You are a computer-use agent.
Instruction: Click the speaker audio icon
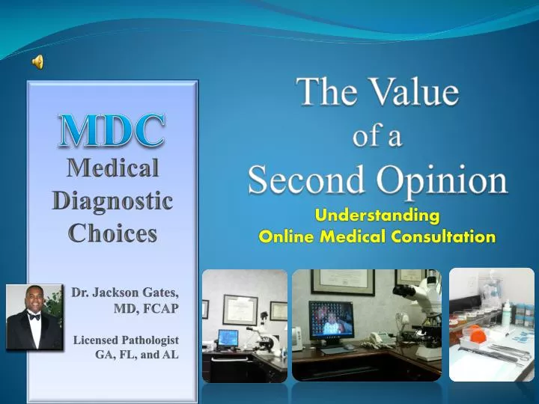click(x=37, y=62)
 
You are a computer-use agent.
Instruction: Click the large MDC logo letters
click(x=112, y=131)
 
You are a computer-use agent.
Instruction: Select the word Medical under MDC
click(x=113, y=168)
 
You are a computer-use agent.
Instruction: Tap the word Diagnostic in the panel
click(x=113, y=201)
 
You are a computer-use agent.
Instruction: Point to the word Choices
click(x=113, y=233)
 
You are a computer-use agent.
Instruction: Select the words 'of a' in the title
click(x=377, y=136)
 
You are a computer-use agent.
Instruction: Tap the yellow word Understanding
click(x=377, y=215)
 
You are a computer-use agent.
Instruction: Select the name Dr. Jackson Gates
click(x=125, y=292)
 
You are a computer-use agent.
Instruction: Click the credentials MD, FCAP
click(x=145, y=307)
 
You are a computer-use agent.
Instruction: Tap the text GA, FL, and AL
click(x=136, y=355)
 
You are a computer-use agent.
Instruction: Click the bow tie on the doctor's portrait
click(x=34, y=316)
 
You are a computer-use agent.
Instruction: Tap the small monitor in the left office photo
click(x=228, y=337)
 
